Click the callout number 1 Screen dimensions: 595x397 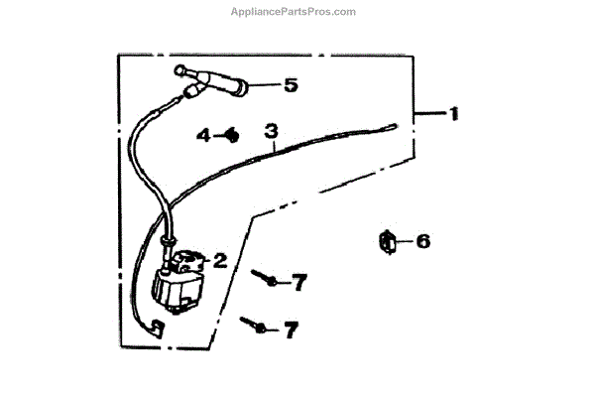[x=453, y=114]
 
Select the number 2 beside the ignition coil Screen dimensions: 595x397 [x=220, y=261]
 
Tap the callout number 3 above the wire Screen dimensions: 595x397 [x=269, y=130]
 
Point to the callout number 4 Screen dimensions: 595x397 [x=201, y=134]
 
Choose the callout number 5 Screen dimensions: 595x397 [x=290, y=85]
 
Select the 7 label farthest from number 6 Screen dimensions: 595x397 [x=290, y=330]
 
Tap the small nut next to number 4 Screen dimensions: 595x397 [x=230, y=133]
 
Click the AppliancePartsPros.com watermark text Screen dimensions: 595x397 [x=297, y=12]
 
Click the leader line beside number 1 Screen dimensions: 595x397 [x=428, y=115]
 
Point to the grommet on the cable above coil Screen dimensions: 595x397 [x=170, y=240]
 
